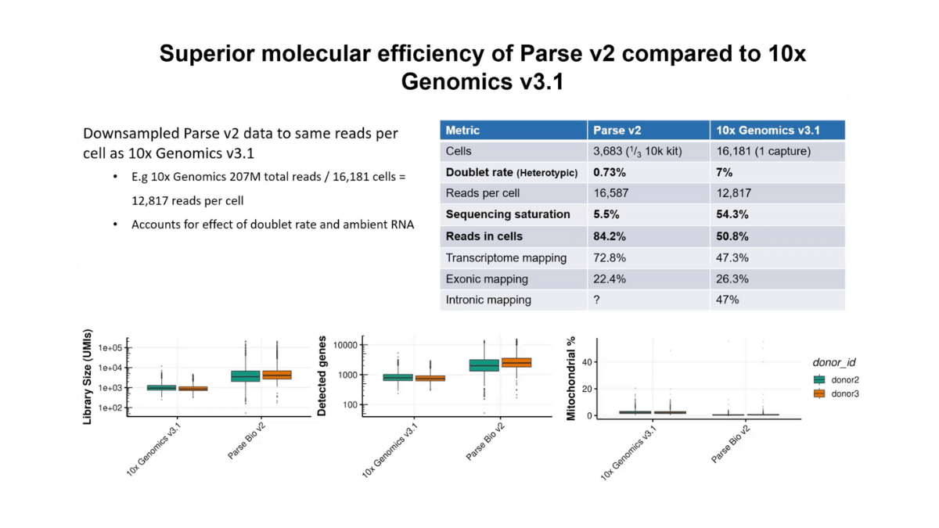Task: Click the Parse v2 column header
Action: (617, 131)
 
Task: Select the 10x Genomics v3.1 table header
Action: (768, 131)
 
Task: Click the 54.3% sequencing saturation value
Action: (732, 214)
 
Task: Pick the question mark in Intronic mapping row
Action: (597, 300)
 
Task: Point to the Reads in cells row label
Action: (484, 236)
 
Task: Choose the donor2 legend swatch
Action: (819, 379)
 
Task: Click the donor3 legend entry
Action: (845, 393)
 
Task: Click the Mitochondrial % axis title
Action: (570, 379)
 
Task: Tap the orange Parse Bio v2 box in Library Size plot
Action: (277, 375)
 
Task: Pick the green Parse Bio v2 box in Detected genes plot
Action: (484, 365)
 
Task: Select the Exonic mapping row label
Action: (486, 278)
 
